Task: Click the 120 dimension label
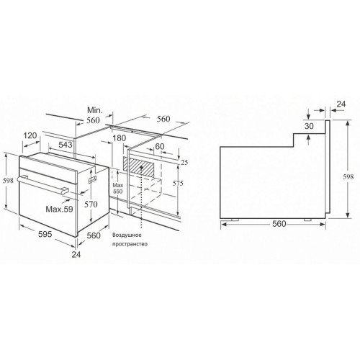(30, 135)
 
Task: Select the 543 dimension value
(66, 145)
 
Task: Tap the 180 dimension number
(120, 138)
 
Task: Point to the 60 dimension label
(160, 146)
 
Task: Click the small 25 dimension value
(184, 163)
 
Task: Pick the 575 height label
(178, 184)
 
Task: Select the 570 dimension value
(91, 204)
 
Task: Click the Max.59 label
(59, 209)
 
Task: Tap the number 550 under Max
(118, 192)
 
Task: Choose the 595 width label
(45, 234)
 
